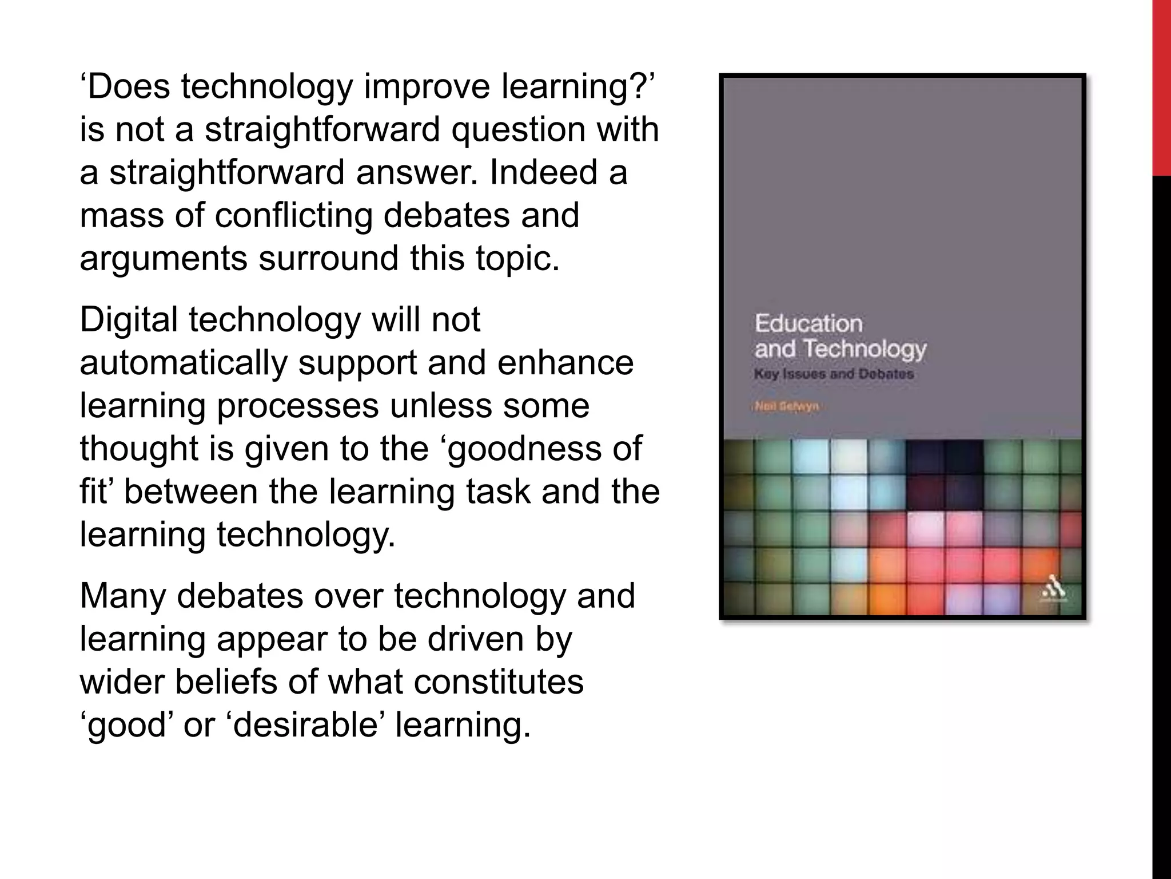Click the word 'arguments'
coord(164,259)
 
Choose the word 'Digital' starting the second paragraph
coord(129,320)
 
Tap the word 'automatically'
coord(183,363)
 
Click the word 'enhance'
coord(565,363)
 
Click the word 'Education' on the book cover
coord(808,323)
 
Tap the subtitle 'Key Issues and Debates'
coord(834,375)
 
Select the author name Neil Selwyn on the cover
coord(787,407)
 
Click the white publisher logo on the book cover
coord(1053,592)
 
